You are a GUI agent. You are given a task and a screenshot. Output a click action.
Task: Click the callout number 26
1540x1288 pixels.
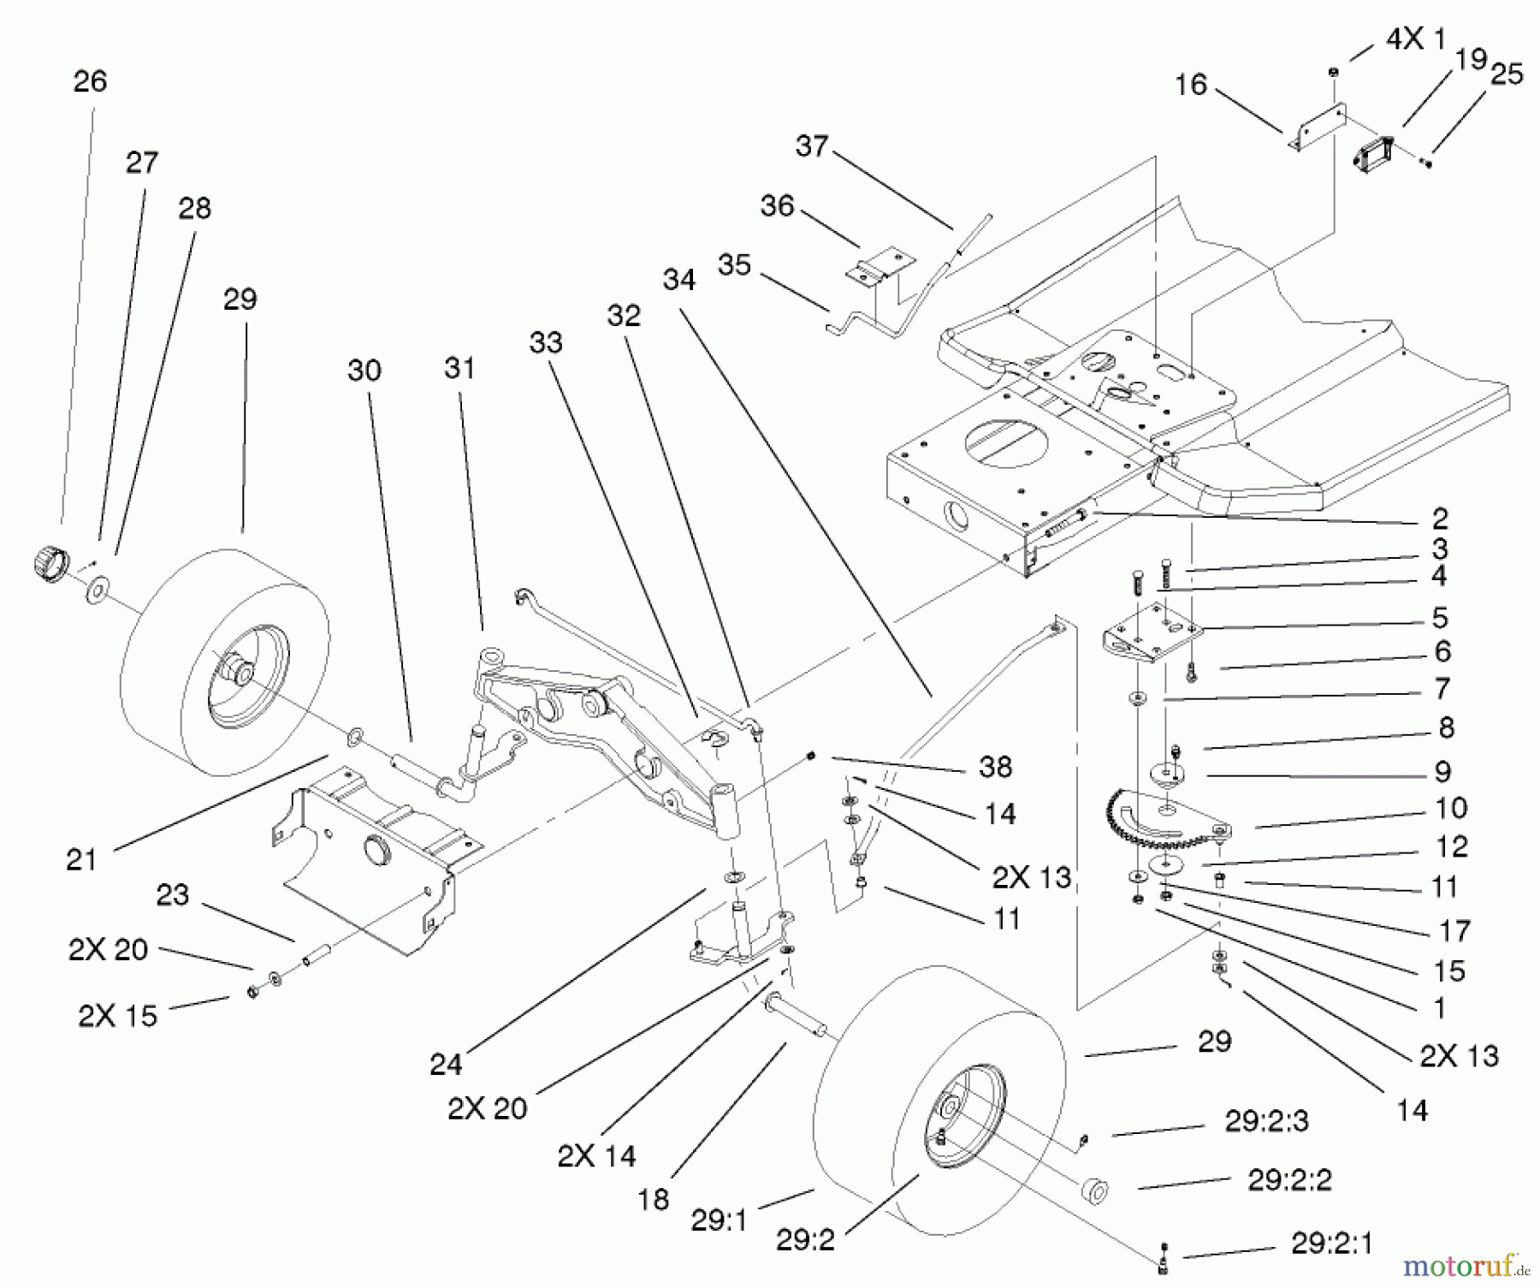point(90,81)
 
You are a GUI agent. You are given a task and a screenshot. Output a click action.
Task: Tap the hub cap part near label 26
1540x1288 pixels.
point(48,564)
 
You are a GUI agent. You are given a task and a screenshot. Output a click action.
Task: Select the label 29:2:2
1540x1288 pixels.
point(1290,1180)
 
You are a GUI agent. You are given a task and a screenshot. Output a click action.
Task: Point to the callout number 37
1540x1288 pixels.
point(812,145)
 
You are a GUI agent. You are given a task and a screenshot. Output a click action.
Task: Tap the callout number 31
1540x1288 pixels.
point(459,368)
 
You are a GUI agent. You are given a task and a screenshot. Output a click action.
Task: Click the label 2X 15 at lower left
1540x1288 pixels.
point(118,1015)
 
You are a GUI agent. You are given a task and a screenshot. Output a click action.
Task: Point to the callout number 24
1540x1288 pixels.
point(446,1065)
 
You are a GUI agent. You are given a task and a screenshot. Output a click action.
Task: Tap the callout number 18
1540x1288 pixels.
point(653,1199)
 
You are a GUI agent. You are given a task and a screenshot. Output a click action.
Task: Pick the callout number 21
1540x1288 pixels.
point(81,859)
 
